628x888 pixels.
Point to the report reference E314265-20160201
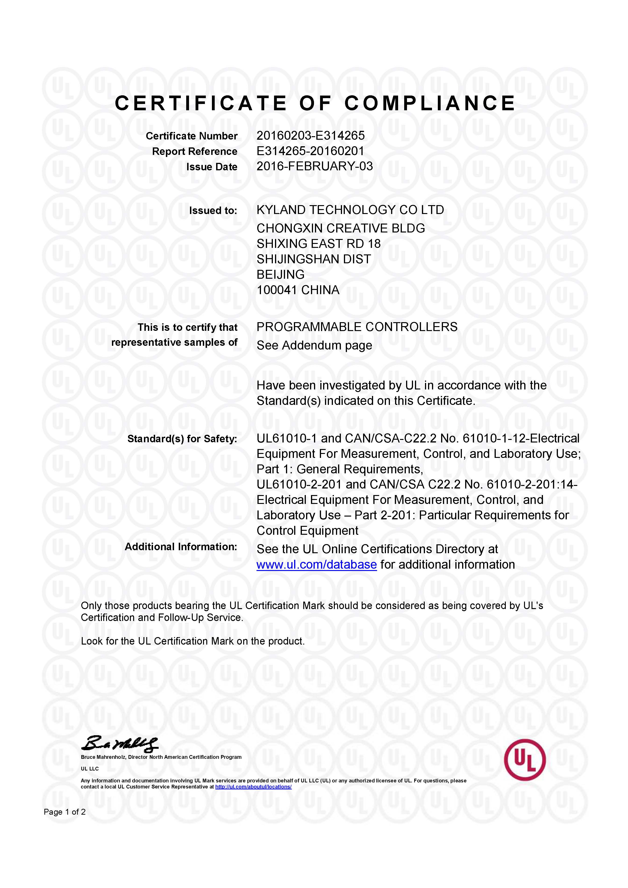310,151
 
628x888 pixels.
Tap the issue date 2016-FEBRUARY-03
314,166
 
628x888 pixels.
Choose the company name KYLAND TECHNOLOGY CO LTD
350,210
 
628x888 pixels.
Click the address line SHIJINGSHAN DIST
314,259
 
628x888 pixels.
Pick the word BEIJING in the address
280,275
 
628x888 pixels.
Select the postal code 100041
276,290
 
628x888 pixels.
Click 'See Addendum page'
314,345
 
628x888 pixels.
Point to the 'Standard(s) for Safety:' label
182,439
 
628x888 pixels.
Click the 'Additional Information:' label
181,547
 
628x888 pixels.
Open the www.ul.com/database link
316,565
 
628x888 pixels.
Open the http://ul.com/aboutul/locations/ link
253,787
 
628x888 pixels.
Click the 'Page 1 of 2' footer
64,812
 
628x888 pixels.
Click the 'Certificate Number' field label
191,136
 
